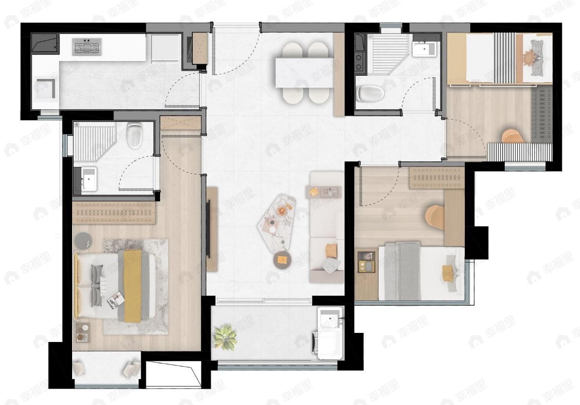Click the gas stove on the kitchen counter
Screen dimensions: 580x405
(87, 47)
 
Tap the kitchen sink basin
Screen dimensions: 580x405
(46, 89)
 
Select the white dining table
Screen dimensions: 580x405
(304, 73)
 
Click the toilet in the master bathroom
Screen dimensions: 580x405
(135, 135)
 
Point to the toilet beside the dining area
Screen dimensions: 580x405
(370, 93)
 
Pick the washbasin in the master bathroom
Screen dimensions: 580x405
(89, 179)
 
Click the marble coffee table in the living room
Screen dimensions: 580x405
(277, 224)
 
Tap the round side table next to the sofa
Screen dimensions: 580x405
(282, 260)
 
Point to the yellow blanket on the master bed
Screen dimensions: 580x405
(132, 286)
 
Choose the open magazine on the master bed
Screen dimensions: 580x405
(116, 300)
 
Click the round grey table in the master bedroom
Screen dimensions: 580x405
(83, 241)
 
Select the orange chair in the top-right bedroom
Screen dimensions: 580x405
(513, 136)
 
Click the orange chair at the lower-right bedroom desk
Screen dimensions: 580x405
(435, 218)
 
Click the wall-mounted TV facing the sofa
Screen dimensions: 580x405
(208, 229)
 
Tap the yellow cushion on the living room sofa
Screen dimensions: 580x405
(331, 251)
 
